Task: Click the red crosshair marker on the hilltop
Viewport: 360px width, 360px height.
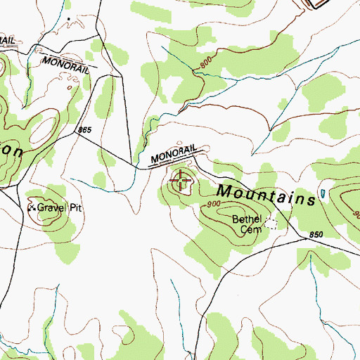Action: coord(181,181)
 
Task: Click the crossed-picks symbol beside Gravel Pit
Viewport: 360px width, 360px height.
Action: coord(31,208)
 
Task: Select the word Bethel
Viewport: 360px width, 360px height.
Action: coord(246,219)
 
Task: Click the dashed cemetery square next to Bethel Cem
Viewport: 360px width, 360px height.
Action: coord(271,224)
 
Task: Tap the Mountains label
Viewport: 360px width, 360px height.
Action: coord(265,195)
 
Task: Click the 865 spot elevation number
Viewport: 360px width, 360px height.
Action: coord(86,130)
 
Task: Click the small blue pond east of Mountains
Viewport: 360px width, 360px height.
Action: coord(323,193)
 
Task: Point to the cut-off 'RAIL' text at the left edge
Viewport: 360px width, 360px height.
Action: coord(7,40)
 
